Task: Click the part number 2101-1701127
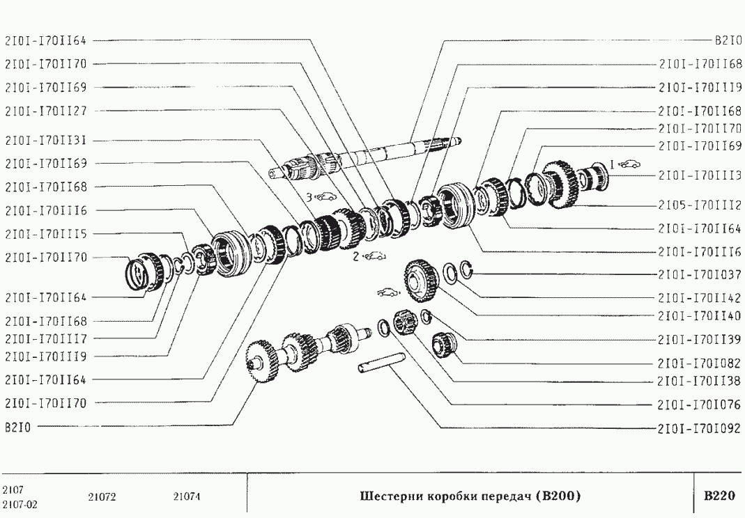(x=46, y=111)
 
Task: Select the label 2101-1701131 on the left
(x=46, y=141)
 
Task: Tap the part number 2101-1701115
(x=46, y=234)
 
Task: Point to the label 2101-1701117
(x=46, y=339)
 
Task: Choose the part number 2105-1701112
(x=700, y=205)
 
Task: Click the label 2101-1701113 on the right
(x=700, y=175)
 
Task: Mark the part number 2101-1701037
(x=700, y=275)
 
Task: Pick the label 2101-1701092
(x=700, y=429)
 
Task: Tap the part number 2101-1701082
(x=700, y=363)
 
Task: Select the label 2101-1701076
(x=700, y=405)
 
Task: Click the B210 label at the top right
(x=728, y=41)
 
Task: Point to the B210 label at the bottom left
(x=17, y=427)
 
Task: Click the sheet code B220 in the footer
(x=719, y=496)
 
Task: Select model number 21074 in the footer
(x=187, y=497)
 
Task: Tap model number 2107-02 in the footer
(x=20, y=504)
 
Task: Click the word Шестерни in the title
(x=391, y=496)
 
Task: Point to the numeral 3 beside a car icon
(x=309, y=196)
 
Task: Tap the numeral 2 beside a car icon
(x=356, y=257)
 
